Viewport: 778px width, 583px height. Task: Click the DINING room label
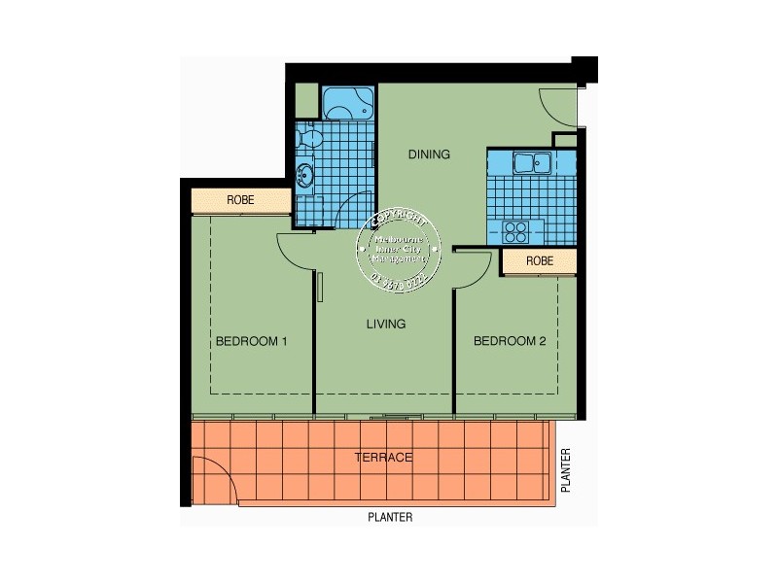coord(429,154)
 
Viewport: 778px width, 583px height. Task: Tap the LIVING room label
coord(386,324)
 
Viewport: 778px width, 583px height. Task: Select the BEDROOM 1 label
coord(252,341)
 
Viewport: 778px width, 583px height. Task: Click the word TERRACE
coord(383,457)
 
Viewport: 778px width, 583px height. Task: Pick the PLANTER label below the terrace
coord(390,518)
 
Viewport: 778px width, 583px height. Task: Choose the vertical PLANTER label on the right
coord(565,468)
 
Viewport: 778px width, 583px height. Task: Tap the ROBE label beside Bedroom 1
coord(240,200)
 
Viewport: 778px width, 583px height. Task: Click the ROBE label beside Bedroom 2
coord(540,261)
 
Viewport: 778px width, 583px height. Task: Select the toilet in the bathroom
coord(310,138)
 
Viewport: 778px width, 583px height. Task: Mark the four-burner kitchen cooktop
coord(514,231)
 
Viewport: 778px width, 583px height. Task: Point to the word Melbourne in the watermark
coord(402,237)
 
